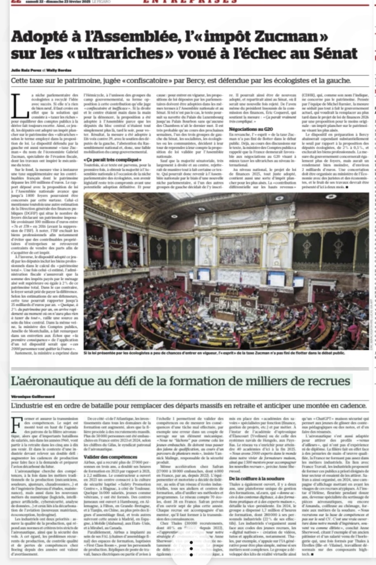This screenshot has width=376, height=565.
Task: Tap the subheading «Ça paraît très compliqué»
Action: [x=108, y=160]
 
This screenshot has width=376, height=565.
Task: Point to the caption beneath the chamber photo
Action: [x=214, y=353]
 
